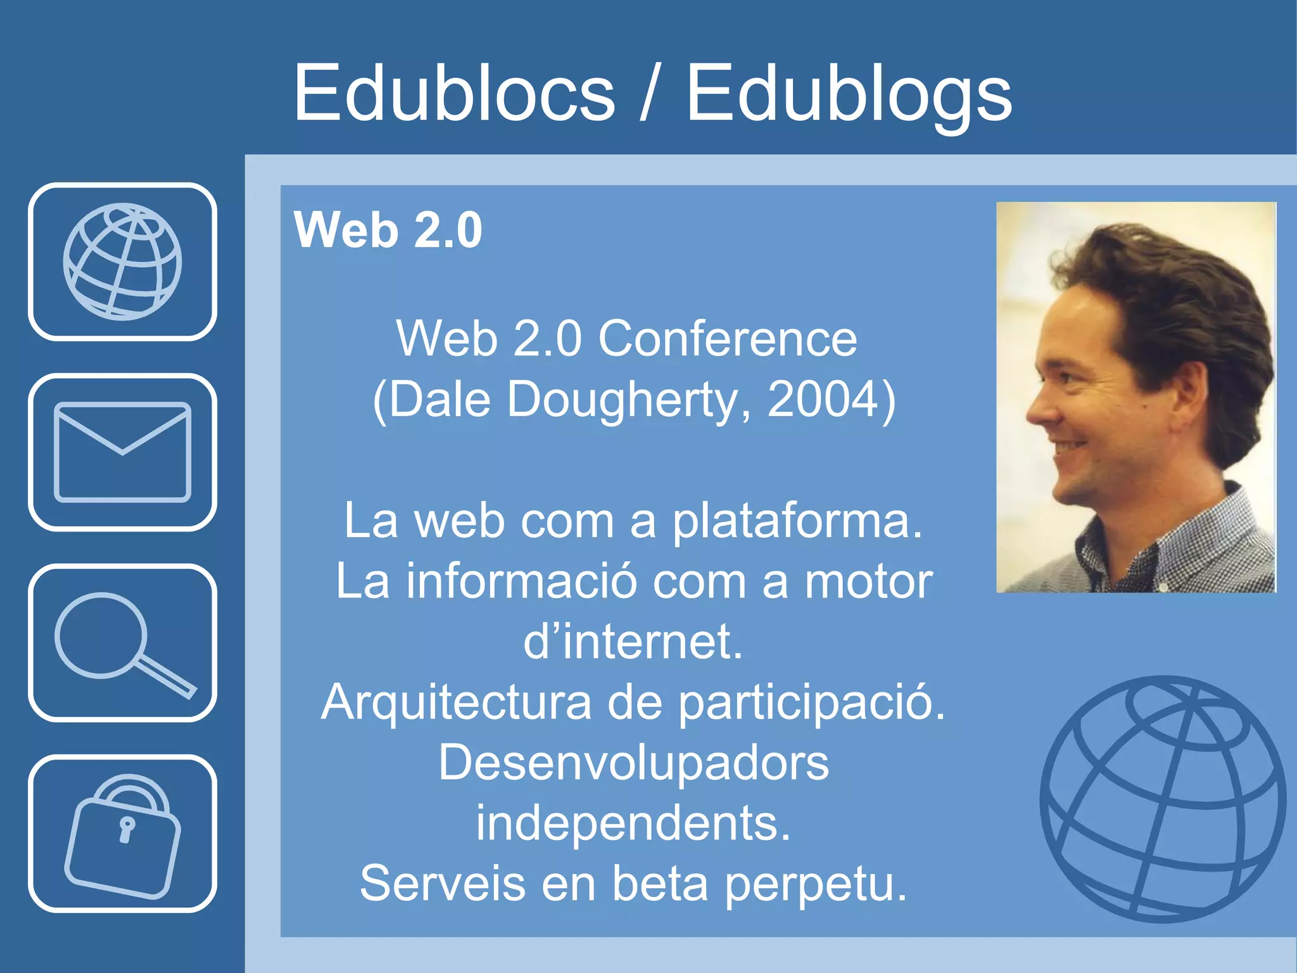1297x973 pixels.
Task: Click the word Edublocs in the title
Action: click(x=454, y=94)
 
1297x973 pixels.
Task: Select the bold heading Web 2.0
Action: click(x=388, y=229)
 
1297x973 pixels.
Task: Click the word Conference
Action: click(x=728, y=339)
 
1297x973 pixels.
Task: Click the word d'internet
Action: click(x=633, y=642)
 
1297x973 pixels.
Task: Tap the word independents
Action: click(x=633, y=823)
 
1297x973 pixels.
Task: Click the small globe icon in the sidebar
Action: click(x=122, y=262)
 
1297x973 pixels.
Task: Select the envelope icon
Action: click(x=122, y=452)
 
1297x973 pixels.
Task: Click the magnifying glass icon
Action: click(x=122, y=642)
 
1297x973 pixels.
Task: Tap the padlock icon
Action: click(x=122, y=834)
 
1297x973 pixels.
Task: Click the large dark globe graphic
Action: click(x=1163, y=799)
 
